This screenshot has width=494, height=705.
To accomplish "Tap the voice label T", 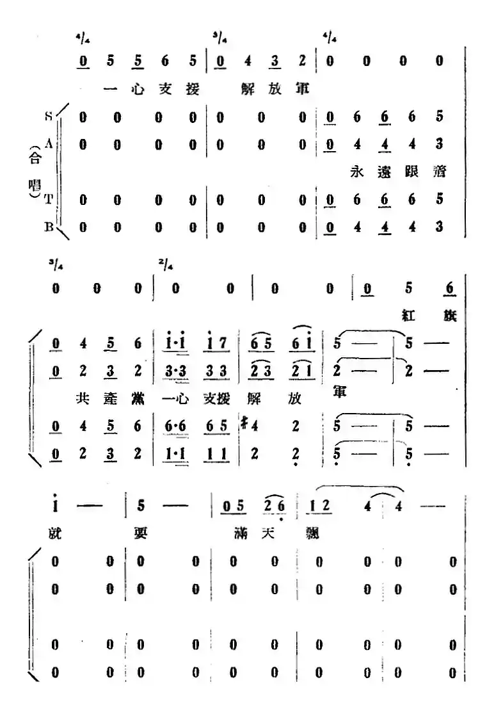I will (x=49, y=200).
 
